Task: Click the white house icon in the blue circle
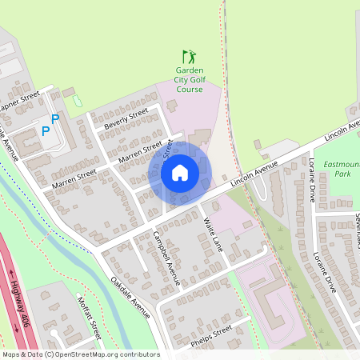[x=180, y=171]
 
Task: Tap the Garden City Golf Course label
[x=190, y=79]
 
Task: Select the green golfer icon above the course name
[x=190, y=57]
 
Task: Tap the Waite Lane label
[x=213, y=231]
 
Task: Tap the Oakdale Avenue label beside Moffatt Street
[x=130, y=296]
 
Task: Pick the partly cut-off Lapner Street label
[x=19, y=102]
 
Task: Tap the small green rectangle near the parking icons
[x=77, y=102]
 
